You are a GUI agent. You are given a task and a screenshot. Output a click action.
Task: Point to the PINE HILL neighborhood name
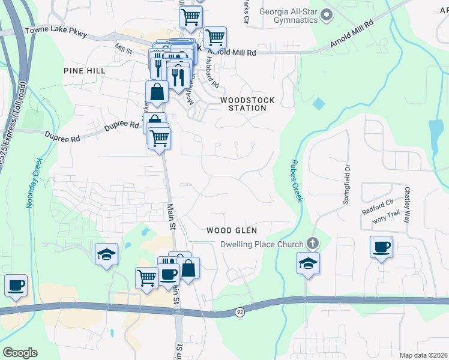[x=85, y=71]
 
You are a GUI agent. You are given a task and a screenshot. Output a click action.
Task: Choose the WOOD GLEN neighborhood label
[x=232, y=230]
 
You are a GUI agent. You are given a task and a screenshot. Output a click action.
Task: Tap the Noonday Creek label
[x=33, y=183]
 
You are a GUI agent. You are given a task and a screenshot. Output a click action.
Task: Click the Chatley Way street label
[x=406, y=204]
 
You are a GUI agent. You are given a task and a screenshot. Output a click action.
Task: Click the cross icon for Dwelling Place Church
[x=312, y=243]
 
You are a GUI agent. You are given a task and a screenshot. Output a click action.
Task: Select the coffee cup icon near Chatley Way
[x=382, y=247]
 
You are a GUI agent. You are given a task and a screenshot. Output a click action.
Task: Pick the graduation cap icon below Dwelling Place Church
[x=308, y=263]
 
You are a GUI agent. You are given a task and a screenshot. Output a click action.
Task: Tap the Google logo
[x=20, y=353]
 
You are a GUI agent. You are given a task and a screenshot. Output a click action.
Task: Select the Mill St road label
[x=123, y=47]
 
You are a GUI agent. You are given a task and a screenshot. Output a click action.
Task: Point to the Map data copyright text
[x=423, y=355]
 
